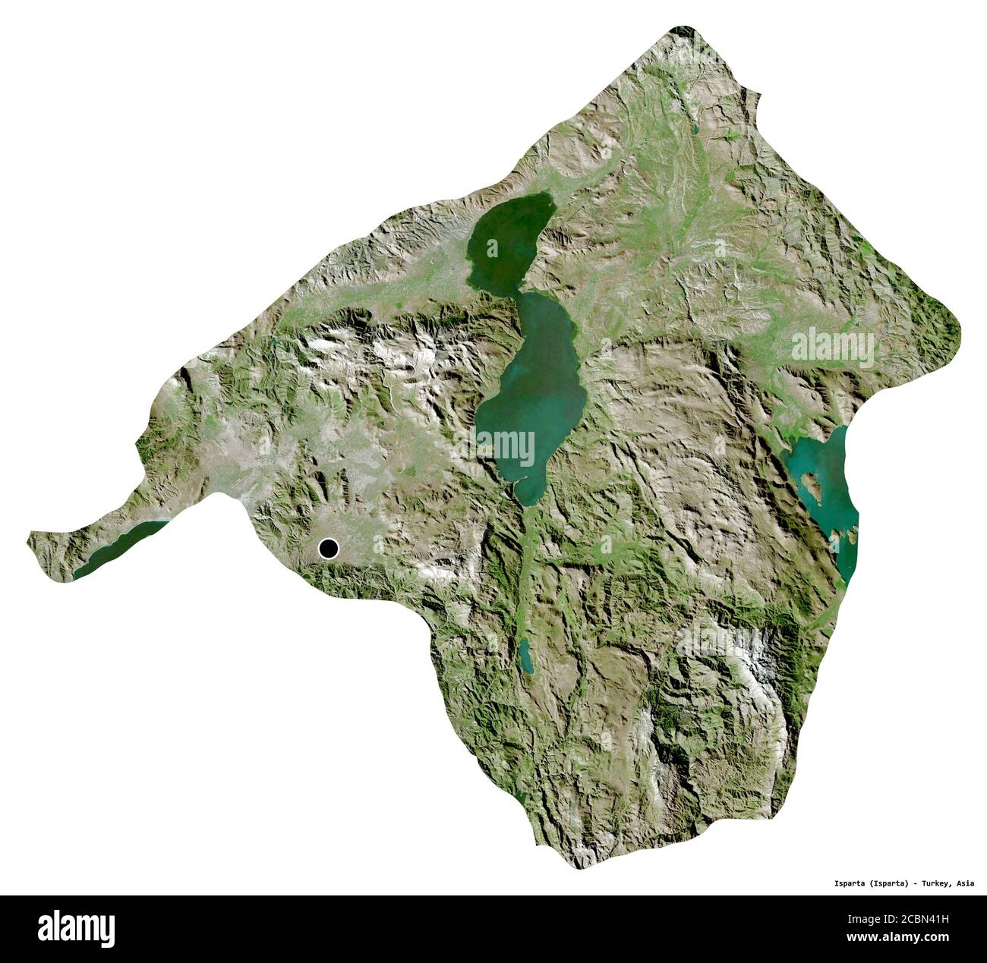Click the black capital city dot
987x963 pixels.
pyautogui.click(x=329, y=548)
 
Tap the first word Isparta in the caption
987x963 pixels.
pyautogui.click(x=840, y=883)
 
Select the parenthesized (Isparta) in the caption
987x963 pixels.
pyautogui.click(x=885, y=883)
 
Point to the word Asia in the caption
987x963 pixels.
pyautogui.click(x=966, y=883)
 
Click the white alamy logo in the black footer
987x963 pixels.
pyautogui.click(x=76, y=927)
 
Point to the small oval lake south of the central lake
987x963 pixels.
pyautogui.click(x=524, y=656)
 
